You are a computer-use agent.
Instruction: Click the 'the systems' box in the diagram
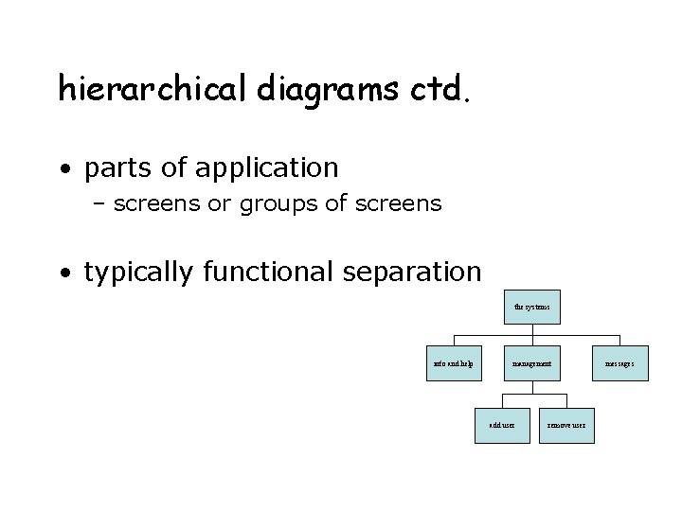tap(532, 308)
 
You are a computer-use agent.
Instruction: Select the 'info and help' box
tap(454, 364)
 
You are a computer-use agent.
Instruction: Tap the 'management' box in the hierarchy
tap(532, 364)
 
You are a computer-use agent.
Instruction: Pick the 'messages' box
tap(620, 364)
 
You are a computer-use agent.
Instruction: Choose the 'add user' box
tap(501, 426)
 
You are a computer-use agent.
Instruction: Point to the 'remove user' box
tap(567, 426)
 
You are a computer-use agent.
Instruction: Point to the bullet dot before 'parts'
tap(63, 170)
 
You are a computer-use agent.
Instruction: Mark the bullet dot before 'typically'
tap(63, 274)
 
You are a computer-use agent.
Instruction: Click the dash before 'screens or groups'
tap(99, 203)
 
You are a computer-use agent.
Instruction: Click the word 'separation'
tap(420, 273)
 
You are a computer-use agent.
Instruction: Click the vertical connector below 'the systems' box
tap(532, 329)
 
